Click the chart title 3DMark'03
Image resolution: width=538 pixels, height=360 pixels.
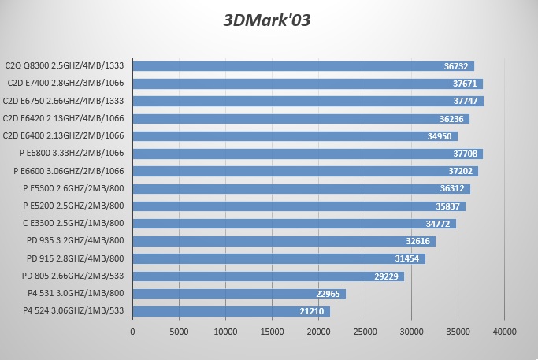[x=268, y=20]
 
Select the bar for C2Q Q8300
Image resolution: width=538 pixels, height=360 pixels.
[x=303, y=66]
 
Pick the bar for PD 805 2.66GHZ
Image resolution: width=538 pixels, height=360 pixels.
[x=268, y=276]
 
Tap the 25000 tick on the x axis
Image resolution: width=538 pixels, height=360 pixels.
[x=365, y=332]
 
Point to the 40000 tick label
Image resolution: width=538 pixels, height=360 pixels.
[x=504, y=332]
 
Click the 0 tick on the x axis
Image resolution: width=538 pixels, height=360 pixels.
[x=132, y=332]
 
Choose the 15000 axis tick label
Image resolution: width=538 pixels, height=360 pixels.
[x=272, y=332]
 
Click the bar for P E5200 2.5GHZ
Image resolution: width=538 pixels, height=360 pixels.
[x=299, y=206]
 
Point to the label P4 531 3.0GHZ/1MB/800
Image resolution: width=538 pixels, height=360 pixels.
[x=76, y=294]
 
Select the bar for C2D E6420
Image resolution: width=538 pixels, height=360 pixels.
[x=301, y=119]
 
